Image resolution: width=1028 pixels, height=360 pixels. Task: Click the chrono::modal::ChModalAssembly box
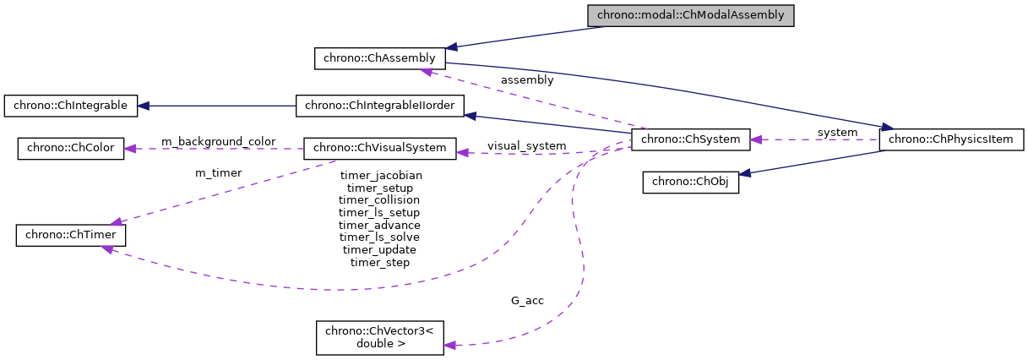tap(691, 15)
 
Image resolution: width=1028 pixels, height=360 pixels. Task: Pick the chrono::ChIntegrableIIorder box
tap(380, 106)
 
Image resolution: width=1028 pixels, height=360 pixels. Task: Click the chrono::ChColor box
tap(71, 148)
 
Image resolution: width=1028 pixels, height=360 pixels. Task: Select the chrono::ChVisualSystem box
tap(379, 148)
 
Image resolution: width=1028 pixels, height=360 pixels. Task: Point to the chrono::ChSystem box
tap(690, 139)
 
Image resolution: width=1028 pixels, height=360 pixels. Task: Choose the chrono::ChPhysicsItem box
tap(952, 139)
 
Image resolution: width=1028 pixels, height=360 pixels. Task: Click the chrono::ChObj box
tap(690, 183)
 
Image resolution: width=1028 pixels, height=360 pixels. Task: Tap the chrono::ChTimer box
tap(71, 236)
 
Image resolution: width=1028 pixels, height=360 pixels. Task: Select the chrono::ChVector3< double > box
tap(379, 337)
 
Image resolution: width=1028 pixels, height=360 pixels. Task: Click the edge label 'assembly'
tap(527, 80)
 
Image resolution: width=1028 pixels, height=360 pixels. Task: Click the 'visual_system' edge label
tap(526, 146)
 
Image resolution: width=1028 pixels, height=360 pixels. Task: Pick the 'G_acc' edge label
tap(527, 301)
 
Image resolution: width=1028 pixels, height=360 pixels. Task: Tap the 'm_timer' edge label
tap(218, 173)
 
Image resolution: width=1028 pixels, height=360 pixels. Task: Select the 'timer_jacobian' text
tap(380, 176)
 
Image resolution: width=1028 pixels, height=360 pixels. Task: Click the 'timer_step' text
tap(380, 263)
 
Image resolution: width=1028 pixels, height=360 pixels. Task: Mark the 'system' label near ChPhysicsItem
tap(836, 133)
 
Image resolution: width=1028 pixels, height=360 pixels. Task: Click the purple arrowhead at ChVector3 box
tap(450, 345)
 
